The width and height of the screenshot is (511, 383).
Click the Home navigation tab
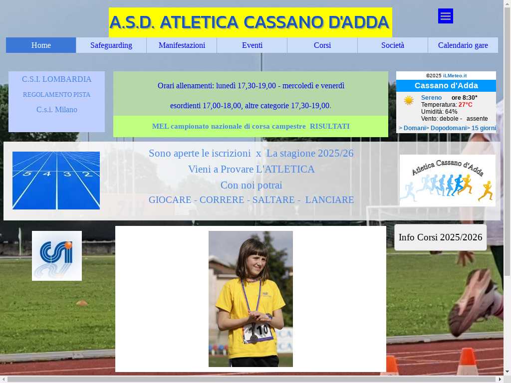coord(41,45)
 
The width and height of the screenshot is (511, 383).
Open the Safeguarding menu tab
coord(111,45)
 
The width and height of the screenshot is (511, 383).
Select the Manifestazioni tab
coord(182,45)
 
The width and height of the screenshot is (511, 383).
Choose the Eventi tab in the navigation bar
coord(252,45)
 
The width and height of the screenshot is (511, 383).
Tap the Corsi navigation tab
coord(322,45)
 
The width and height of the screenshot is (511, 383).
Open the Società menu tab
coord(393,45)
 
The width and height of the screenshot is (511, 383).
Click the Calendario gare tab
coord(463,45)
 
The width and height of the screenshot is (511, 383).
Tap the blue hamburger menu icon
coord(446,16)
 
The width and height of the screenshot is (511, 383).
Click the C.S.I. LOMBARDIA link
coord(57,79)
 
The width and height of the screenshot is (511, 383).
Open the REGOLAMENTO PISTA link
coord(57,94)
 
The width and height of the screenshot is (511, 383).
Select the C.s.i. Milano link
coord(57,110)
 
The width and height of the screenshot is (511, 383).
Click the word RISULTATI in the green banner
coord(329,126)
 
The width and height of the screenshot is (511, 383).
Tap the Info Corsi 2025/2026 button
coord(440,237)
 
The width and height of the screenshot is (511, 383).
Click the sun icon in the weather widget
coord(409,100)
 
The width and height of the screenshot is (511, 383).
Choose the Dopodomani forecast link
coord(449,128)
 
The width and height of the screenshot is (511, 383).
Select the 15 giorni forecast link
coord(483,128)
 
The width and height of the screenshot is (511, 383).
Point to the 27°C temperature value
coord(466,105)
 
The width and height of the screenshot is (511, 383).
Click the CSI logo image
coord(57,256)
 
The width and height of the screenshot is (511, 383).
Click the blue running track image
coord(56,181)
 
